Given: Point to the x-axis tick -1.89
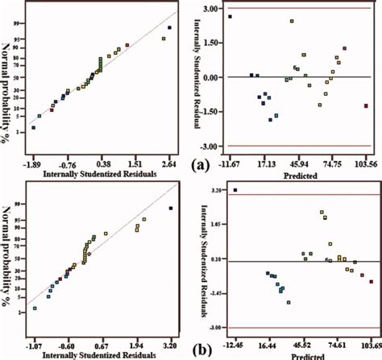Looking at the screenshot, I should point(33,159).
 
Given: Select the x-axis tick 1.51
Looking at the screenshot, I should point(134,159).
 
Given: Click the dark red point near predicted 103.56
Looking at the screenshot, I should point(366,106).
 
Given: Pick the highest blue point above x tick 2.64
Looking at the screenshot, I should point(169,28).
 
